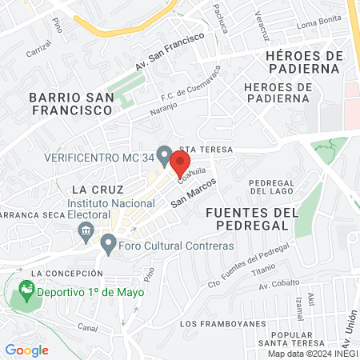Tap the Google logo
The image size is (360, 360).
pyautogui.click(x=26, y=350)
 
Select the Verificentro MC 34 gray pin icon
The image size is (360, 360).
pyautogui.click(x=164, y=154)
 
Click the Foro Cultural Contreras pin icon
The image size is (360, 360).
pyautogui.click(x=108, y=244)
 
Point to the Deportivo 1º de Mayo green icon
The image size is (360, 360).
pyautogui.click(x=26, y=292)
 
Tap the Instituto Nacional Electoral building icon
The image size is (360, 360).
pyautogui.click(x=84, y=232)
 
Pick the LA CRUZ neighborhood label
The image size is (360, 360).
pyautogui.click(x=97, y=190)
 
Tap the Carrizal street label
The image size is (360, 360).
pyautogui.click(x=38, y=50)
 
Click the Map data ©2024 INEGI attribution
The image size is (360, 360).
pyautogui.click(x=312, y=354)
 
